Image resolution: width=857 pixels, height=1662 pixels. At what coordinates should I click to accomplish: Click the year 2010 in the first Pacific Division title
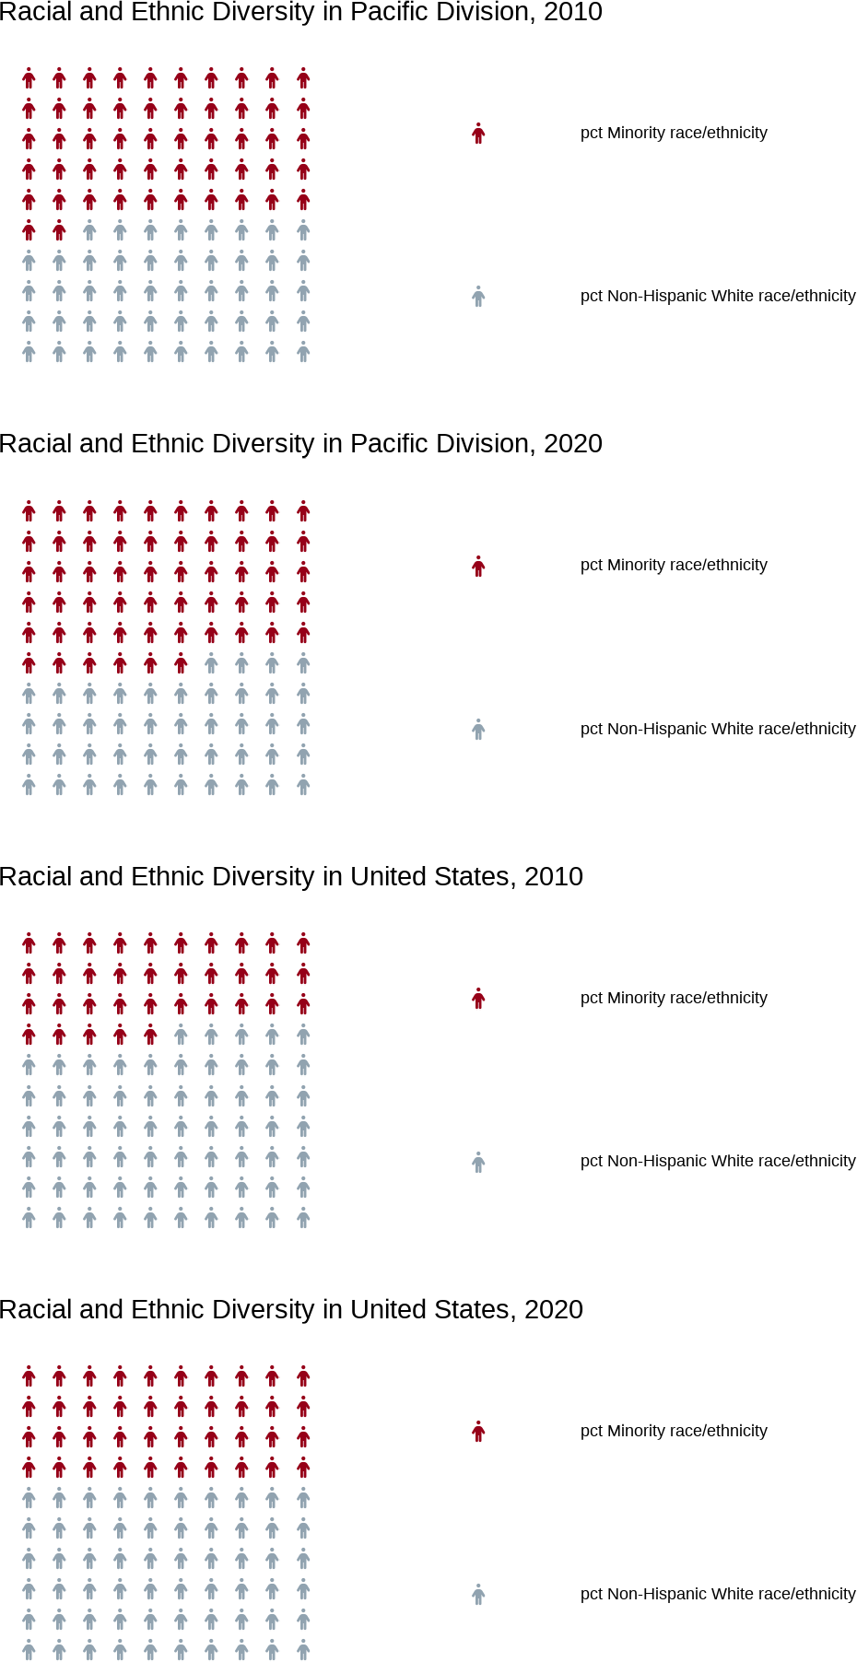(x=572, y=13)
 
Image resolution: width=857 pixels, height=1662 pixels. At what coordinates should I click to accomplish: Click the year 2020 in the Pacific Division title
(x=572, y=444)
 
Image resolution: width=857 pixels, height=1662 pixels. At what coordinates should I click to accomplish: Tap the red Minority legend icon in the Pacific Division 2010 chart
(x=478, y=134)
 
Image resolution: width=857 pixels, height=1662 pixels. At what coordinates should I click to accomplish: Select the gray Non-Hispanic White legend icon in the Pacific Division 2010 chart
(x=478, y=297)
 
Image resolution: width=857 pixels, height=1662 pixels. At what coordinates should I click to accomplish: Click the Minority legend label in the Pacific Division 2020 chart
(x=674, y=566)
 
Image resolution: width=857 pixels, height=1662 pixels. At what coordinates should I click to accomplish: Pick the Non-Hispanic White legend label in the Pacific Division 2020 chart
(x=718, y=729)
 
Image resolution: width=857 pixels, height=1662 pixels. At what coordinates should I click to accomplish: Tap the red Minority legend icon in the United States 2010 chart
(x=478, y=999)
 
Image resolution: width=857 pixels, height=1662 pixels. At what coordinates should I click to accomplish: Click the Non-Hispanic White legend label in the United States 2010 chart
(x=718, y=1161)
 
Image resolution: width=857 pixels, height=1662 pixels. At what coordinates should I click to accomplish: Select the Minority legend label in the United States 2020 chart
(x=674, y=1431)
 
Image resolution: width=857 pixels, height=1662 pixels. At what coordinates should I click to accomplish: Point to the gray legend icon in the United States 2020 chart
(x=478, y=1595)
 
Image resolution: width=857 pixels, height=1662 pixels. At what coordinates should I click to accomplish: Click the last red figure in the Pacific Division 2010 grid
(x=59, y=230)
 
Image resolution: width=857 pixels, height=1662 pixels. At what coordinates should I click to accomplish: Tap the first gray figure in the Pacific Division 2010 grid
(x=89, y=230)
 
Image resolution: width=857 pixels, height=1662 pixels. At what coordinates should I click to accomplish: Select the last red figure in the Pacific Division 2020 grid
(x=181, y=663)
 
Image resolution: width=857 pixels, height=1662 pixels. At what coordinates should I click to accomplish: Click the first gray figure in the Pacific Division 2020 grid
(x=211, y=663)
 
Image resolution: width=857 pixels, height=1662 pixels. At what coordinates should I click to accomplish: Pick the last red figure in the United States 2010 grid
(x=150, y=1035)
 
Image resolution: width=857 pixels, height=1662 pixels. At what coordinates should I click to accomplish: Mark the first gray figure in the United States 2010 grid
(x=181, y=1035)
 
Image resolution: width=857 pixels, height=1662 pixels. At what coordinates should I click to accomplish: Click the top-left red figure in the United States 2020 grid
(x=29, y=1376)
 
